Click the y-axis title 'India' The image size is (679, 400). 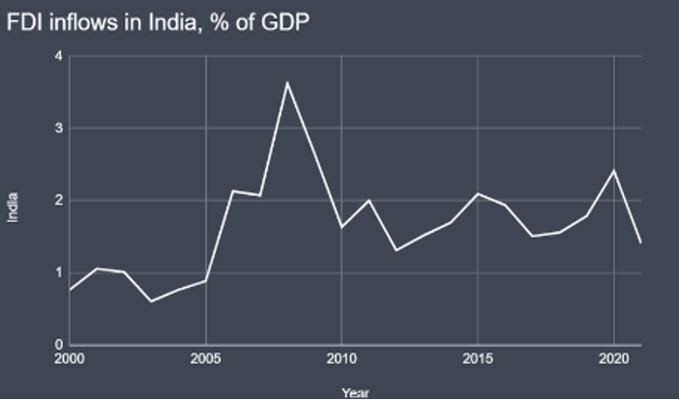coord(14,206)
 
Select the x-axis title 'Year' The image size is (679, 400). coord(355,393)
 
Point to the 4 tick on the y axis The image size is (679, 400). coord(59,56)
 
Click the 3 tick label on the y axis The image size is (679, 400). coord(59,129)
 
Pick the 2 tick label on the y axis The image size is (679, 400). coord(59,201)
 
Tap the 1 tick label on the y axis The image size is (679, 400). coord(59,273)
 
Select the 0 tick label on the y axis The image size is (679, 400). coord(59,345)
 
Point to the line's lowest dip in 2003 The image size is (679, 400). coord(151,301)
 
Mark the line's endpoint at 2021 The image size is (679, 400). coord(640,242)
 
